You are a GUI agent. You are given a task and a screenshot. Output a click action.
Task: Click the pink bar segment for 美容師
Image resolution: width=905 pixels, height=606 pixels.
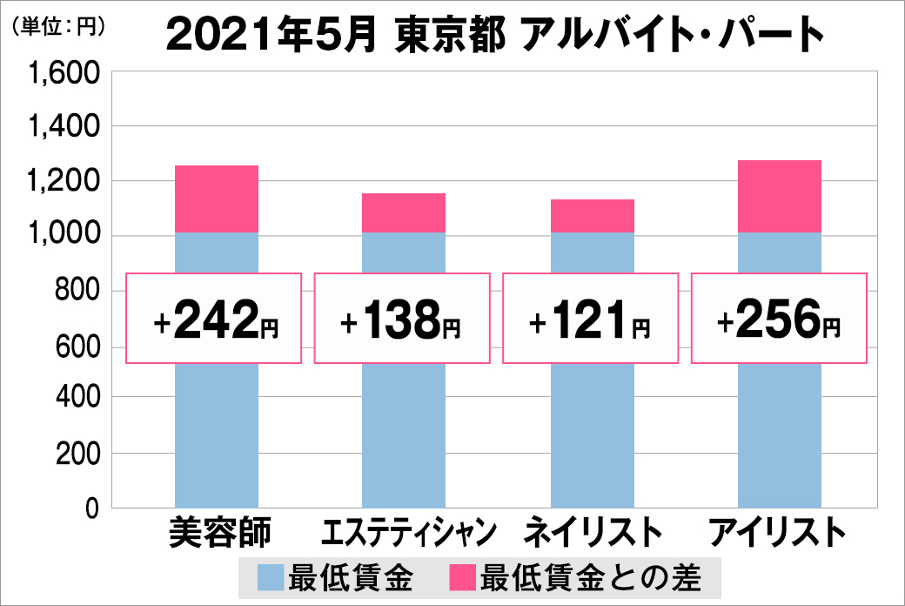pos(217,199)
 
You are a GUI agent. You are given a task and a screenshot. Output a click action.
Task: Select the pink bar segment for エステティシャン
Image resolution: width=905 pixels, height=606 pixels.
pos(404,212)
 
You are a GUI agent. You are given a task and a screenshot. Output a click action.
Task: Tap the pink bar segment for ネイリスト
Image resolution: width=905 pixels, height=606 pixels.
pos(592,216)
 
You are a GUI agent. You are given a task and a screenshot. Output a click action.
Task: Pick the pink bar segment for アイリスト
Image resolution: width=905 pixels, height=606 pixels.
pos(780,196)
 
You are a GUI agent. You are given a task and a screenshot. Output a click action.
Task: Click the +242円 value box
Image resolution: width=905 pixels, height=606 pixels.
pos(214,319)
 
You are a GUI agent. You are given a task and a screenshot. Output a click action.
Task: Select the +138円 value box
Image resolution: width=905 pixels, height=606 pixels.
pos(402,319)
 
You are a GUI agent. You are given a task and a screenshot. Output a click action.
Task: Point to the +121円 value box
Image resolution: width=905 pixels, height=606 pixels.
pos(590,319)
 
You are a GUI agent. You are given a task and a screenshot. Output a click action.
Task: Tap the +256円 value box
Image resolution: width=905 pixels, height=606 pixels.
pos(779,319)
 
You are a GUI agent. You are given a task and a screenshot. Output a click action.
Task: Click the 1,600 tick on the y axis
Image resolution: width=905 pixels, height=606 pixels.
pos(66,74)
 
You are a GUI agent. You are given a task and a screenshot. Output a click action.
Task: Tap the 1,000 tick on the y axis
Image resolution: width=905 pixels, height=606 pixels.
pos(66,236)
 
